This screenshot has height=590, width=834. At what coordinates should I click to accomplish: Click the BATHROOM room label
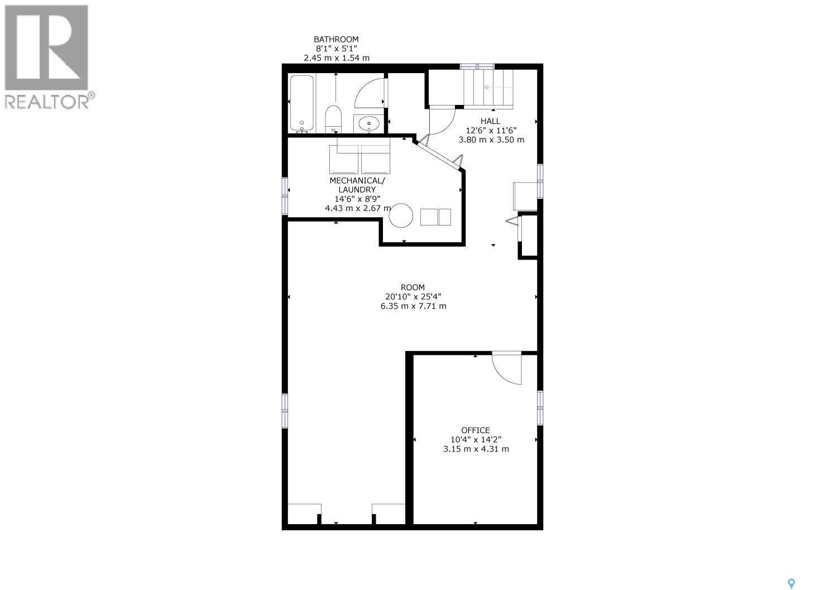336,39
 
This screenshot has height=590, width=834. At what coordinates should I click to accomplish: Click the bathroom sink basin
368,123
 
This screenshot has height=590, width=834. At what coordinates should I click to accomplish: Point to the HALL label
491,121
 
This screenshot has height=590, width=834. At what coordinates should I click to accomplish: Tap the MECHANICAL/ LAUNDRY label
357,185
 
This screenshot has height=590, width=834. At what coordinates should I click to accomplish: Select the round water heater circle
401,215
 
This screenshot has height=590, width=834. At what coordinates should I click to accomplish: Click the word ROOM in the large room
413,287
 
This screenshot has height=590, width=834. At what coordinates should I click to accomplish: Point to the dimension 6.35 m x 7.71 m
413,306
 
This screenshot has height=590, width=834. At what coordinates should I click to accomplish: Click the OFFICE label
476,430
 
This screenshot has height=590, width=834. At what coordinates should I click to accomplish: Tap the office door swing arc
506,368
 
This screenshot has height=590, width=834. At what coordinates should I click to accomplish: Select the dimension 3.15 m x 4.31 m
476,449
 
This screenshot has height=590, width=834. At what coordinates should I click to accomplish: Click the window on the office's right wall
540,407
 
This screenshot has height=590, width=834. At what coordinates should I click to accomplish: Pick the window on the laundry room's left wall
285,195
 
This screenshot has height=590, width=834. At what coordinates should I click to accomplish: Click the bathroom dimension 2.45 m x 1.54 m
336,58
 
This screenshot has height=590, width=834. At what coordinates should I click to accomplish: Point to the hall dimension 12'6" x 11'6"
491,130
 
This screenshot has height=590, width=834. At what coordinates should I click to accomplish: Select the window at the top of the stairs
477,66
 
